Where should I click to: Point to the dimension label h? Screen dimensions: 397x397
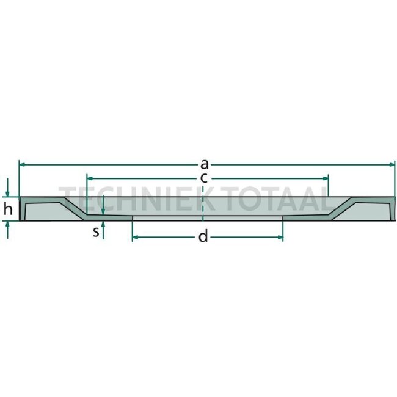coord(8,209)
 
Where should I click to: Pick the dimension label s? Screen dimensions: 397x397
coord(96,232)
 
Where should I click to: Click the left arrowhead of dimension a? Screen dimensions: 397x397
coord(23,164)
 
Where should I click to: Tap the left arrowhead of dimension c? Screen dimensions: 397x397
coord(89,178)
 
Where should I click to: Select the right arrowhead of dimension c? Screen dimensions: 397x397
coord(326,178)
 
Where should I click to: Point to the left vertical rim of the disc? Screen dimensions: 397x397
coord(21,209)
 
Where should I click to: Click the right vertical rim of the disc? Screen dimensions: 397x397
coord(392,209)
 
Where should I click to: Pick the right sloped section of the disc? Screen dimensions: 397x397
coord(342,207)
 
